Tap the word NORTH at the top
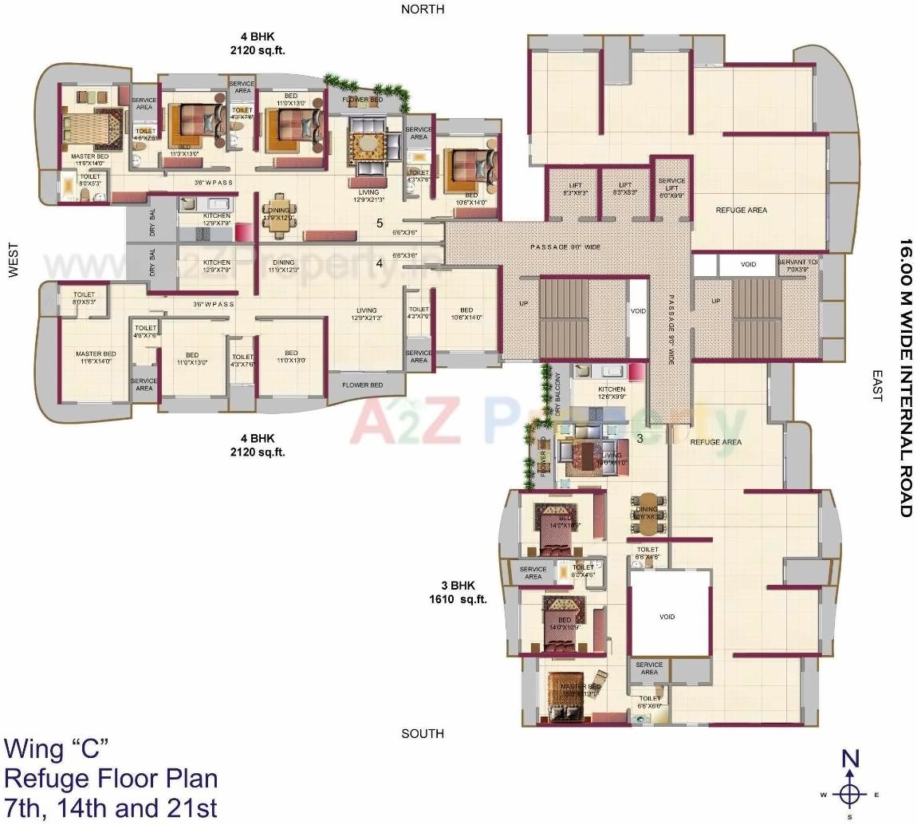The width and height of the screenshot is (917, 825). coord(423,9)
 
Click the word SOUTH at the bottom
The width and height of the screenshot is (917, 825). coord(423,733)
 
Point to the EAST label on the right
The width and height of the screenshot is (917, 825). coord(877,385)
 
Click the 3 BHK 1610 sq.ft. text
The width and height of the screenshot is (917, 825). coord(458,592)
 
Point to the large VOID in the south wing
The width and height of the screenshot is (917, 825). coord(667,616)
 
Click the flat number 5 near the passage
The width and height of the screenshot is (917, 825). coord(380,223)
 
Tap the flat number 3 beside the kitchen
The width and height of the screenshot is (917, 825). coord(640,438)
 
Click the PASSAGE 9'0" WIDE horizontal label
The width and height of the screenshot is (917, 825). coord(565,247)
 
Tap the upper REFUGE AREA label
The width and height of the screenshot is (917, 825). coord(741,210)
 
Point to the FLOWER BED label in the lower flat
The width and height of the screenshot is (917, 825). coord(362,385)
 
